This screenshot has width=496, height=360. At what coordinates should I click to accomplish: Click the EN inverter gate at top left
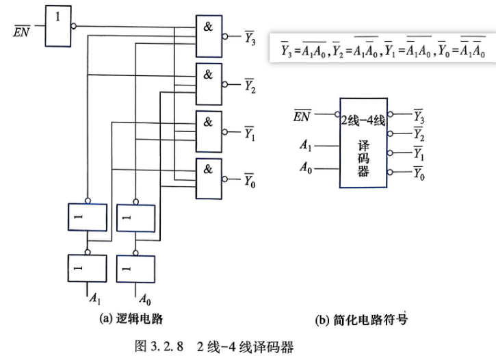[58, 26]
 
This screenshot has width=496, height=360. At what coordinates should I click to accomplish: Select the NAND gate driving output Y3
[209, 36]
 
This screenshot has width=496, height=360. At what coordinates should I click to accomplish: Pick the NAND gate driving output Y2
[209, 84]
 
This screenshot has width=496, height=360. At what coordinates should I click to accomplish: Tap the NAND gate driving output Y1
[209, 131]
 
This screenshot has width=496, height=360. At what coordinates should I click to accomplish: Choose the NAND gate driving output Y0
[209, 179]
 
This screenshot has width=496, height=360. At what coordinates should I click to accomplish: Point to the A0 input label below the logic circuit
[145, 299]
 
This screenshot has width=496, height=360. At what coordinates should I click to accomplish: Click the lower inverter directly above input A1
[88, 268]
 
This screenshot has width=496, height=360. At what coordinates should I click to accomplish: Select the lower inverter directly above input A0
[135, 269]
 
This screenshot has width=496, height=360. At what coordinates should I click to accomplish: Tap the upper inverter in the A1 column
[88, 218]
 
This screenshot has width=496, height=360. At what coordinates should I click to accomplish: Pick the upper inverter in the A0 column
[135, 218]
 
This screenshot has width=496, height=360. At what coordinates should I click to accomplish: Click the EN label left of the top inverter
[21, 31]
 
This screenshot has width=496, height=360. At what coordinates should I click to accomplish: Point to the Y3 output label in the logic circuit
[250, 38]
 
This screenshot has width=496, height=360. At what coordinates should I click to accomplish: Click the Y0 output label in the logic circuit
[250, 181]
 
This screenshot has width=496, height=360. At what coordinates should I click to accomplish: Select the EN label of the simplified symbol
[302, 116]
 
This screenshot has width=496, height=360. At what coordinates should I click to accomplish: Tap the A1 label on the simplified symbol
[306, 145]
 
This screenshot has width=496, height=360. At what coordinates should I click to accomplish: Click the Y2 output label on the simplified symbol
[419, 134]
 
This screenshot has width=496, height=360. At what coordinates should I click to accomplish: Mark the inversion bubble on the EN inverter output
[73, 26]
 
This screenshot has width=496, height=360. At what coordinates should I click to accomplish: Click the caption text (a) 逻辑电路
[131, 319]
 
